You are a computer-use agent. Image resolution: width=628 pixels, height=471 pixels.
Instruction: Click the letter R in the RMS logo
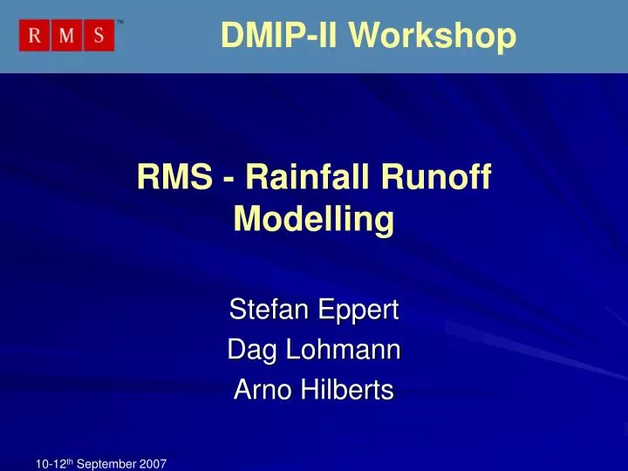(36, 37)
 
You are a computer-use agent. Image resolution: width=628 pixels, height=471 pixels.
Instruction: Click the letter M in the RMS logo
(67, 37)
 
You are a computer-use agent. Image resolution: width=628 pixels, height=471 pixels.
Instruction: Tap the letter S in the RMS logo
(99, 37)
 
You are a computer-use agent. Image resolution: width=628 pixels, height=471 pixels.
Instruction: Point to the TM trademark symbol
(120, 22)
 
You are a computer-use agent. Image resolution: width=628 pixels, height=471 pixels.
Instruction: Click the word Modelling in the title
(314, 220)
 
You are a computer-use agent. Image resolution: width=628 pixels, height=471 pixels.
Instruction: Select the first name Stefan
(264, 309)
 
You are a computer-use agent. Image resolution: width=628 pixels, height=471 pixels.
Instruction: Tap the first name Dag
(248, 351)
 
